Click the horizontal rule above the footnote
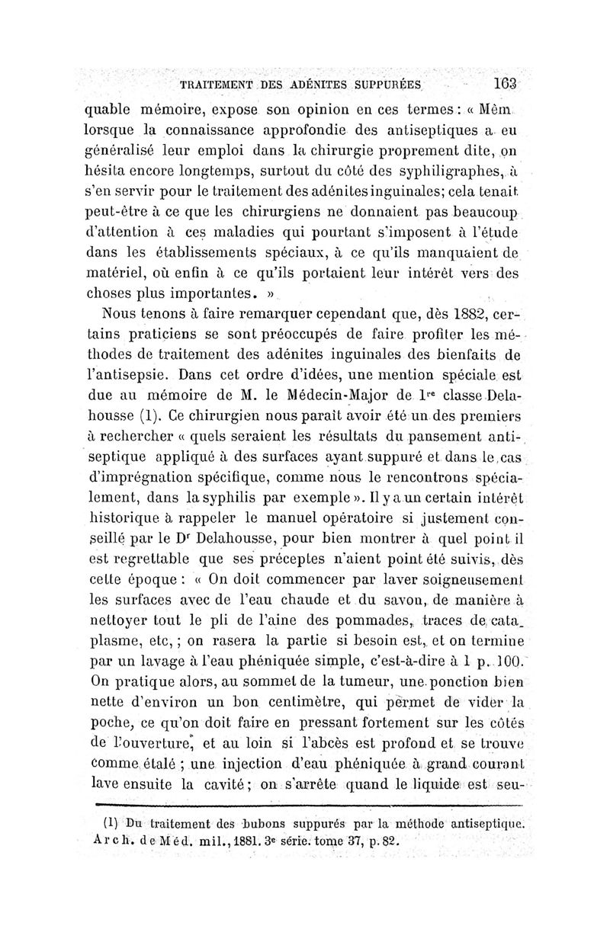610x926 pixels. [x=305, y=804]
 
